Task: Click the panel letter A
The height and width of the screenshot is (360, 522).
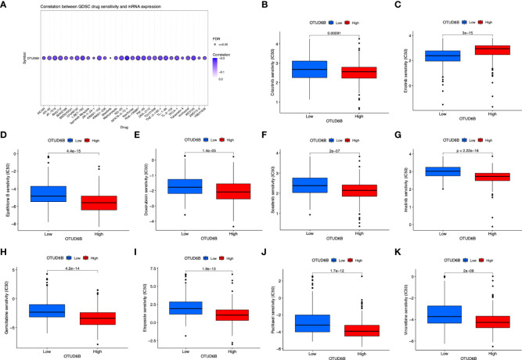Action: (x=5, y=5)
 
